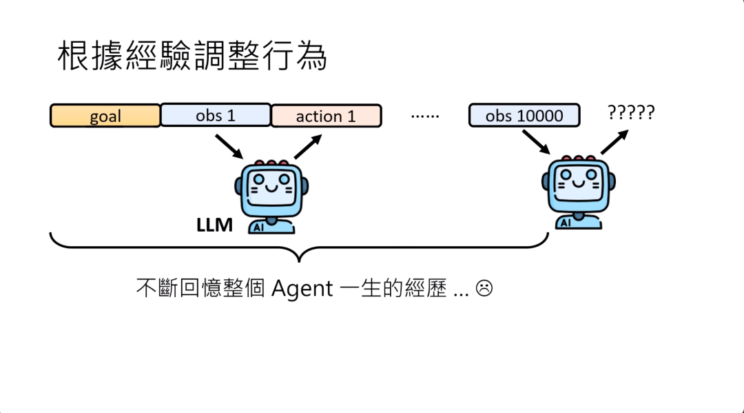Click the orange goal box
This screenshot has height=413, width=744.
coord(105,116)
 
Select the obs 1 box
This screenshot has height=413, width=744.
coord(216,115)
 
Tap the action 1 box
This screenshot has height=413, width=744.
coord(326,116)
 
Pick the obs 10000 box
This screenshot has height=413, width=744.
coord(524,116)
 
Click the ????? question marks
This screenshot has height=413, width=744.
coord(631,112)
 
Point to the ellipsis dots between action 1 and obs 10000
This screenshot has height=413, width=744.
coord(424,116)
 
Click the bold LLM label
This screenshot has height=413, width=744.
coord(214,225)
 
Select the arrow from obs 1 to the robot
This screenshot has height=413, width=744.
coord(229,145)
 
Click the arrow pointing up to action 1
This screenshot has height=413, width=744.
coord(307,147)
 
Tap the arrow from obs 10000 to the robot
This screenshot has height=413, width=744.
coord(536,142)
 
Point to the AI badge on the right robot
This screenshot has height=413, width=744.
coord(566,222)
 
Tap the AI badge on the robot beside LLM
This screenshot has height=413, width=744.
coord(258,226)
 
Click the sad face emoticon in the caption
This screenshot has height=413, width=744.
coord(484,288)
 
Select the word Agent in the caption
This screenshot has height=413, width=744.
coord(302,288)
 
